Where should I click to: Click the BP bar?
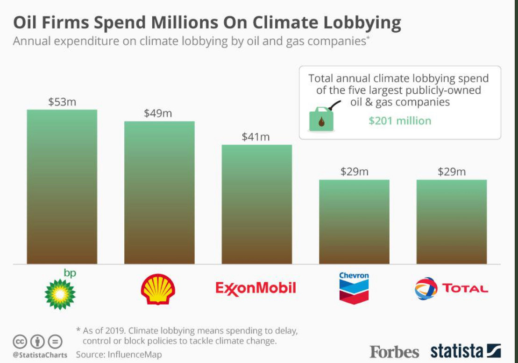pos(62,187)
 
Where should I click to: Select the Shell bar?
pos(159,192)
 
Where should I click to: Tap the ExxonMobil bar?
pos(256,204)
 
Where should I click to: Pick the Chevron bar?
pos(354,222)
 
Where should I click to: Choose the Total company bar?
pos(452,222)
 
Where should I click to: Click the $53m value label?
pos(62,102)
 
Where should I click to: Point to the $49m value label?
pos(158,113)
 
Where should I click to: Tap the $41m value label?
pos(256,137)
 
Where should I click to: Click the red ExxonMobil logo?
pos(256,288)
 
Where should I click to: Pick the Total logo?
pos(451,288)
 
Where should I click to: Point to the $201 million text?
pos(400,121)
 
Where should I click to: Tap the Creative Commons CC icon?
pos(20,342)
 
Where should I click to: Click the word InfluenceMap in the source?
pos(135,355)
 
